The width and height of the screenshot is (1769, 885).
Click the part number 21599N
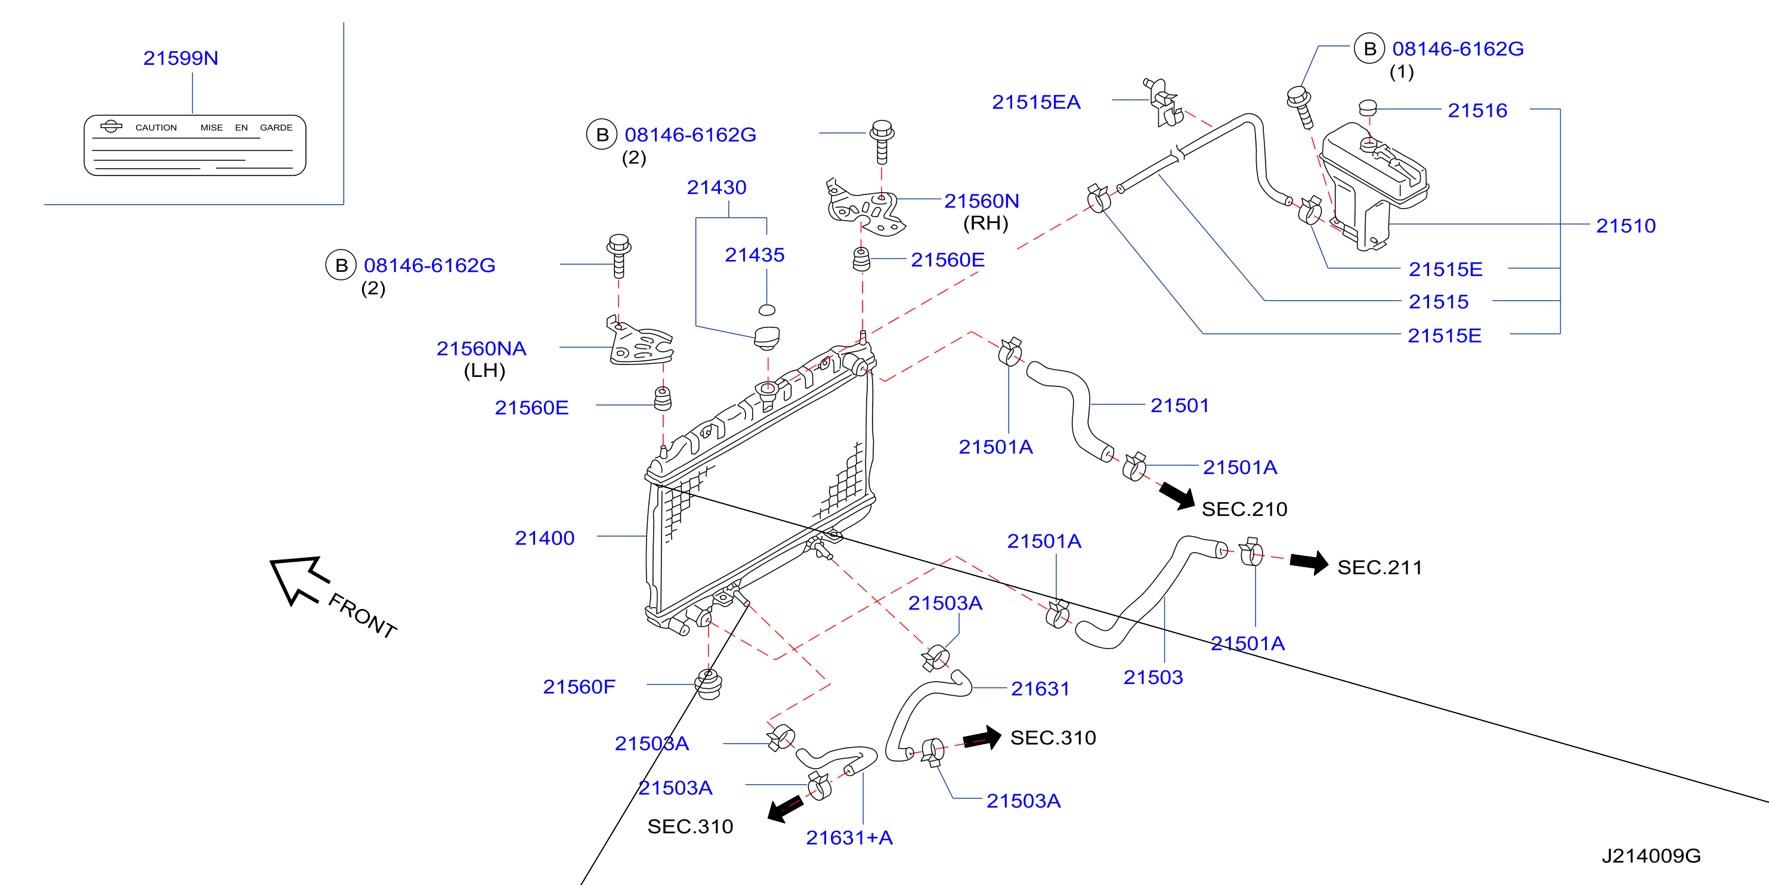181,58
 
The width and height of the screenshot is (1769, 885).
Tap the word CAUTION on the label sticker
156,128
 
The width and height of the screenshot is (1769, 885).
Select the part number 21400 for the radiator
545,539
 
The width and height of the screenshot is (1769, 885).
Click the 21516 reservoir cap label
1477,110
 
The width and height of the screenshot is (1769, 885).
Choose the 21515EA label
1036,103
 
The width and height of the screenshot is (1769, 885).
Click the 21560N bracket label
981,201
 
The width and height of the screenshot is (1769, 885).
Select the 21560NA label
481,349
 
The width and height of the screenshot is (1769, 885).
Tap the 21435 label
754,255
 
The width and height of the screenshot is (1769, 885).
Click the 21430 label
716,187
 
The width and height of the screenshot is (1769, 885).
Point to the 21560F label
579,686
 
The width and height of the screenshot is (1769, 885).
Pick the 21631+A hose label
849,838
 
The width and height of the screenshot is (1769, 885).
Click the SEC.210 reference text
1244,509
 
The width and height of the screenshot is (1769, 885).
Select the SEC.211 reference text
1380,568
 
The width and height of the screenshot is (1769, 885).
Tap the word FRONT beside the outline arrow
363,616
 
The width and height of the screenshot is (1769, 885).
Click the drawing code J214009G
1651,856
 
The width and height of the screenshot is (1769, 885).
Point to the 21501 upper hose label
1180,406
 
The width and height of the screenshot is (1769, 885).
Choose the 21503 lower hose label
1153,677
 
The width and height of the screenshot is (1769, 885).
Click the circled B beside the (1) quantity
1369,49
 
